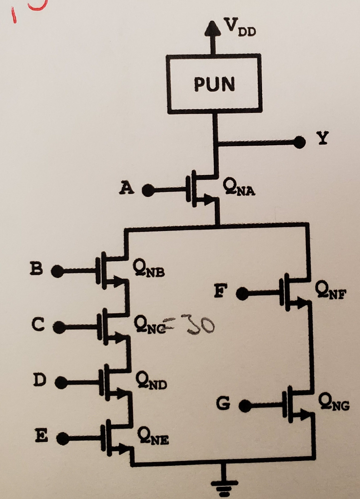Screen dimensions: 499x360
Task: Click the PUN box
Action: coord(214,84)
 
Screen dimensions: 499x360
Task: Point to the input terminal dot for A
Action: coord(148,191)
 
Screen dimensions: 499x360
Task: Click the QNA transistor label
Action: coord(238,188)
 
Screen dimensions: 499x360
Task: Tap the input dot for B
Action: coord(57,271)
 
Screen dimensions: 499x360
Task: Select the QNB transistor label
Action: coord(149,269)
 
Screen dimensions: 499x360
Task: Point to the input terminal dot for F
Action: coord(242,294)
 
